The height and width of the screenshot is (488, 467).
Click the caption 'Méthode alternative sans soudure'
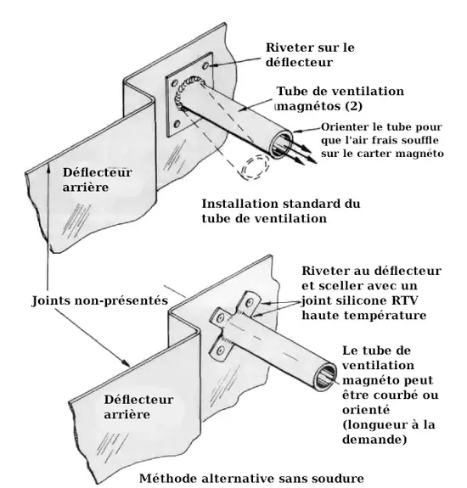click(x=251, y=478)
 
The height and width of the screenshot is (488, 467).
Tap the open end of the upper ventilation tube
click(x=280, y=144)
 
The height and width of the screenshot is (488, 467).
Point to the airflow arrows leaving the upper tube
click(x=302, y=151)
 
